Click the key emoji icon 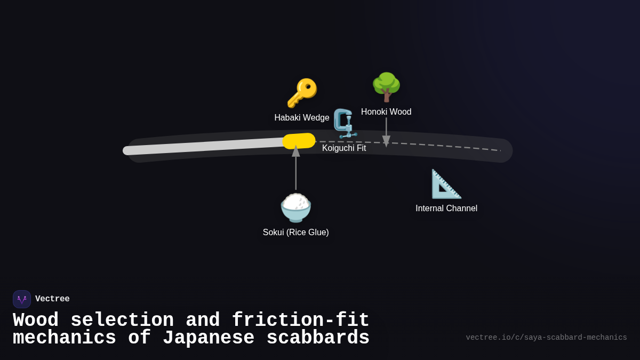point(302,93)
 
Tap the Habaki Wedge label point(302,118)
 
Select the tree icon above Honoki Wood point(386,87)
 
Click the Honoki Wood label point(386,112)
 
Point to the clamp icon point(345,123)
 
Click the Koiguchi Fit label point(344,148)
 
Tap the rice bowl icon point(296,207)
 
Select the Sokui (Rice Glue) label point(296,233)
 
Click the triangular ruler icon point(446,184)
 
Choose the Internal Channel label point(446,209)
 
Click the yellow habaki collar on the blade point(299,141)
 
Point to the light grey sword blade point(203,147)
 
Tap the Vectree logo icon point(22,299)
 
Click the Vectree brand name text point(52,299)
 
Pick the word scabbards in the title point(318,338)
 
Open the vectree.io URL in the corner point(546,338)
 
